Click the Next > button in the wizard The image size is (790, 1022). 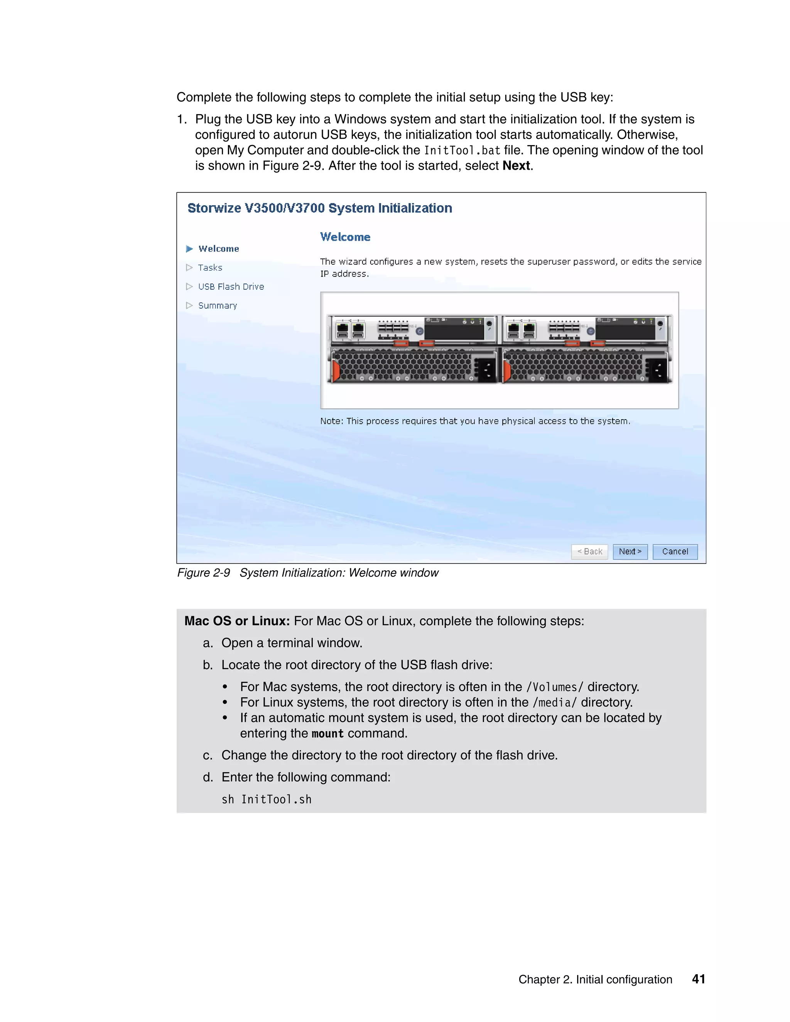coord(630,552)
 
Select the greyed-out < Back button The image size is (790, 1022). coord(589,552)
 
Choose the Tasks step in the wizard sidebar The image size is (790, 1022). coord(210,268)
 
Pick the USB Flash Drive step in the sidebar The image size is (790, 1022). coord(231,287)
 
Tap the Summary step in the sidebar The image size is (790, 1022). coord(217,305)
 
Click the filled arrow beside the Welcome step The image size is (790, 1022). coord(189,248)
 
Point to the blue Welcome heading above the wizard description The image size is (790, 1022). coord(345,237)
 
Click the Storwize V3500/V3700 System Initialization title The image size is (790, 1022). coord(320,208)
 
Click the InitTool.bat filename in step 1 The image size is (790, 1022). coord(462,151)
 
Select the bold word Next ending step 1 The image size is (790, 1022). coord(516,166)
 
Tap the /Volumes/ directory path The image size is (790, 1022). coord(555,687)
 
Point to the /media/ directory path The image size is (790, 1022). coord(555,702)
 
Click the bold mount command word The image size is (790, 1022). coord(327,734)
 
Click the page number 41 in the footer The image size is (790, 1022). coord(698,980)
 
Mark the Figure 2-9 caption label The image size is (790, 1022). coord(204,573)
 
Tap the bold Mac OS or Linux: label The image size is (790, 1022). coord(237,621)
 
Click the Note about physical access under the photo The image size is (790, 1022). coord(475,421)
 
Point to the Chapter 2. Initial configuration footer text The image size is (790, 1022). coord(595,980)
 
